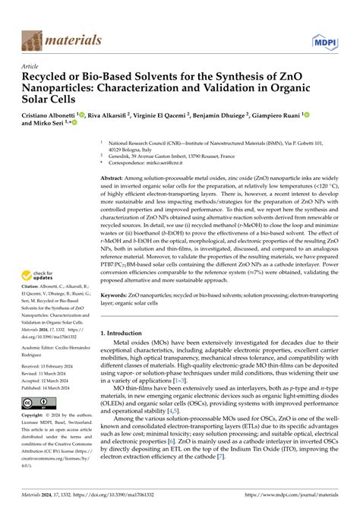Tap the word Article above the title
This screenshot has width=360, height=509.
30,66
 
